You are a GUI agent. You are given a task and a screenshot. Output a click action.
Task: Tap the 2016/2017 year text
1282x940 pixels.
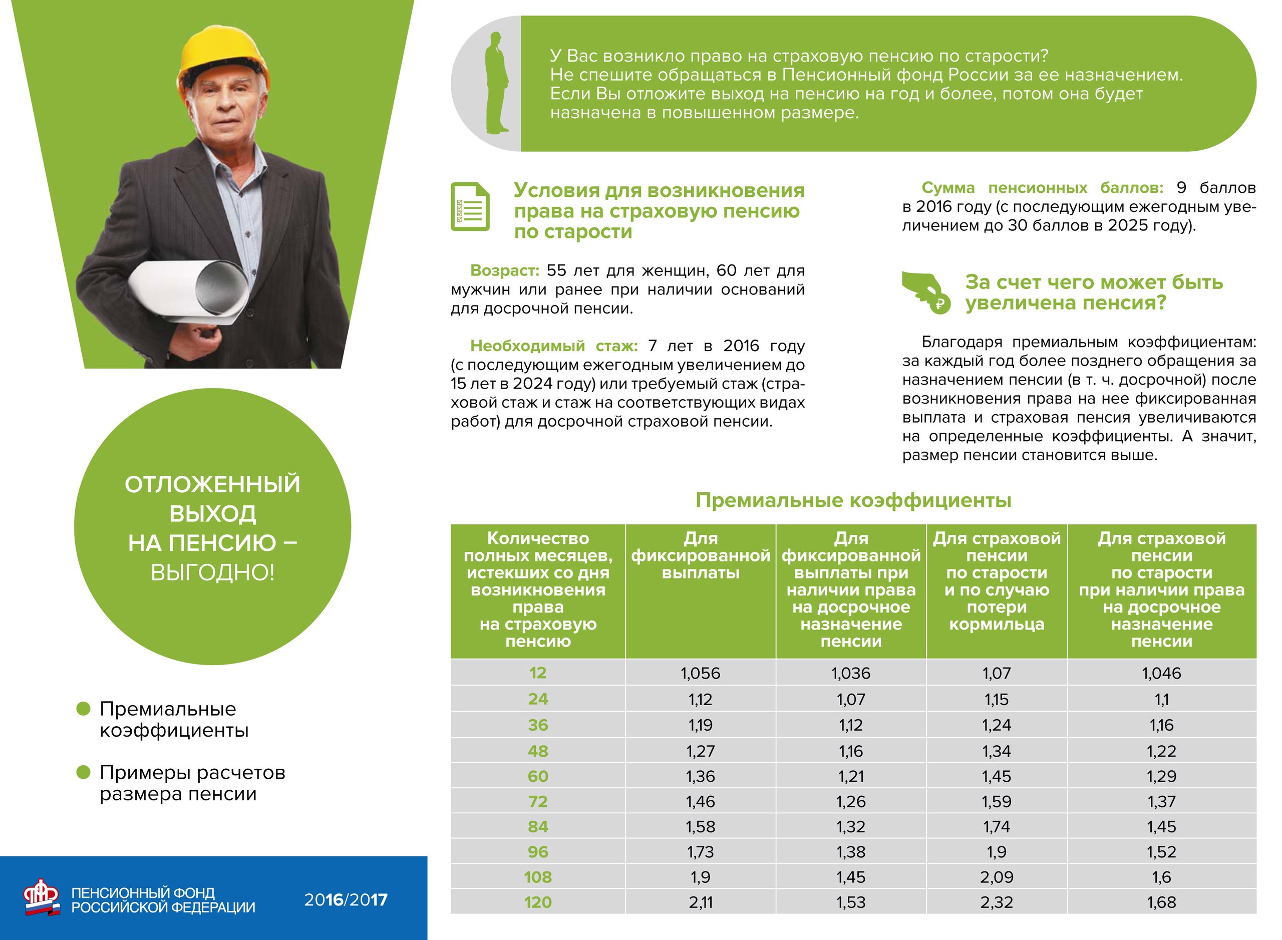[x=346, y=899]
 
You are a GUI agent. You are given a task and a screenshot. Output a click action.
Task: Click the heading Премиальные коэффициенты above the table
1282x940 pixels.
[x=853, y=501]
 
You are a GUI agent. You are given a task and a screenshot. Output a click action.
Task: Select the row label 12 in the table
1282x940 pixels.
[x=538, y=673]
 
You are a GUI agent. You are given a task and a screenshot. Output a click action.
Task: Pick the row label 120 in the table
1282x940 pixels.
[x=538, y=902]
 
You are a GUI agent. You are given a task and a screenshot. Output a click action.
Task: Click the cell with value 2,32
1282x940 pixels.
[x=997, y=902]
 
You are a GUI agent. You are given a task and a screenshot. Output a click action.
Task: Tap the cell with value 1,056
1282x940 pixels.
[x=701, y=674]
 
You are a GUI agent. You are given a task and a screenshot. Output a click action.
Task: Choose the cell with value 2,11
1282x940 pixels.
[x=701, y=902]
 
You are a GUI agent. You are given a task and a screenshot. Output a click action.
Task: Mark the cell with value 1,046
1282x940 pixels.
[x=1161, y=674]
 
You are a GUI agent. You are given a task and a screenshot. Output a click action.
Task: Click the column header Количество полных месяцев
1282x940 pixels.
[x=538, y=589]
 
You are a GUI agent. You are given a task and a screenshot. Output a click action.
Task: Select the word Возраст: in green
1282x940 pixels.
[x=504, y=271]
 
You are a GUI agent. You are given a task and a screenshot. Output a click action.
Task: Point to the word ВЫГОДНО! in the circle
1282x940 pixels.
[x=212, y=572]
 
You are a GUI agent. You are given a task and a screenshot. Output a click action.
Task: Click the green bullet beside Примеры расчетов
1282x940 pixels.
[x=84, y=772]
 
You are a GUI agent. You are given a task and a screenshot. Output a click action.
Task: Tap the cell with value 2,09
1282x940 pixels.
[x=997, y=877]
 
